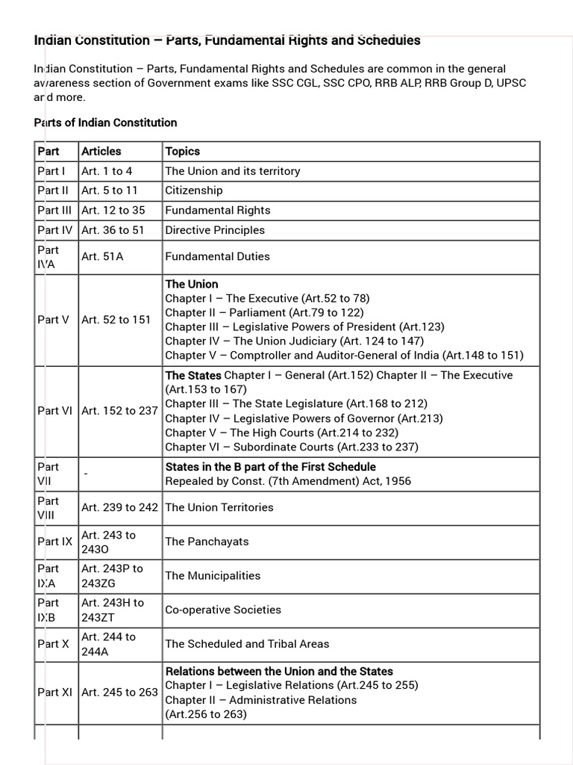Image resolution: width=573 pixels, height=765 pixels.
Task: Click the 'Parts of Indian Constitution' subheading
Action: (x=105, y=123)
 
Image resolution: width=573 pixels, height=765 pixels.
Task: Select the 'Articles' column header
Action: (x=101, y=151)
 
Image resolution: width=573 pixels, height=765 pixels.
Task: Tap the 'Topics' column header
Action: (x=183, y=151)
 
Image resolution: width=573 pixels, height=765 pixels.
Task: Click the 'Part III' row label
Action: (x=54, y=210)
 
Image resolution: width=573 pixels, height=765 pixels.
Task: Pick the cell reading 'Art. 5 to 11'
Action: (x=109, y=191)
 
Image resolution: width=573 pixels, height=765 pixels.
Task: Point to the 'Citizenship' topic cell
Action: (x=194, y=191)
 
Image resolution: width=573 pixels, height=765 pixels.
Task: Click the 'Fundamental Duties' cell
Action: (x=217, y=256)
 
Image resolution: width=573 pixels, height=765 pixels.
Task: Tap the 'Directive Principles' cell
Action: (x=215, y=230)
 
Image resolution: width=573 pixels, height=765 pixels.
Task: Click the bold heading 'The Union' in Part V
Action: (x=192, y=284)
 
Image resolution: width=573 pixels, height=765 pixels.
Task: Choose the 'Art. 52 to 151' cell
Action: (x=116, y=320)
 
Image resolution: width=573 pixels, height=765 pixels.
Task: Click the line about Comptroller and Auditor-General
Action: (x=344, y=355)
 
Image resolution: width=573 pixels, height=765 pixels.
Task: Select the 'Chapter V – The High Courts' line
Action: (x=281, y=433)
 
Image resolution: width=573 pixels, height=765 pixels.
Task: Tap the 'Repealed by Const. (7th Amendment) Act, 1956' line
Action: (x=288, y=481)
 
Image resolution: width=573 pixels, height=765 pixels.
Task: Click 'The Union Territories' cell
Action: (x=219, y=507)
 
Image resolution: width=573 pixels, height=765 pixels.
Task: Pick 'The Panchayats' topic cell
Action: (x=207, y=542)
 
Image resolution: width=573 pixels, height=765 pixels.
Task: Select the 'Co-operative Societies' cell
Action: (x=223, y=610)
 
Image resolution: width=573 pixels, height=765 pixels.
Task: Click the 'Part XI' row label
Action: (x=54, y=693)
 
